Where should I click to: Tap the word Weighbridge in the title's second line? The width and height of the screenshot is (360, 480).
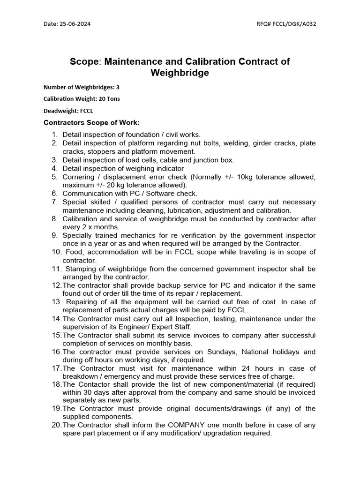pyautogui.click(x=180, y=73)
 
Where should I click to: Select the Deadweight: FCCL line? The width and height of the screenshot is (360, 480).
pyautogui.click(x=68, y=111)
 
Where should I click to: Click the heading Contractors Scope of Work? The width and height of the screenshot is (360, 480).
pyautogui.click(x=91, y=123)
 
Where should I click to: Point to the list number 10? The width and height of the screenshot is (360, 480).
pyautogui.click(x=54, y=252)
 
